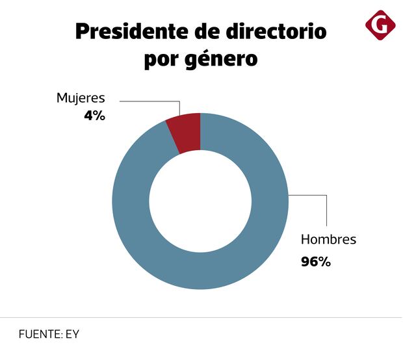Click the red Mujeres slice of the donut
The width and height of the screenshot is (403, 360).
pos(185,133)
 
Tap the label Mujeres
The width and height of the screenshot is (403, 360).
pos(80,99)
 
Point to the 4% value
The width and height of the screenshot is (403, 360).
pos(94,117)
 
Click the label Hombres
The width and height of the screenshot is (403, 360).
pos(328,239)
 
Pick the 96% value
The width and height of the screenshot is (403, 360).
pos(316,262)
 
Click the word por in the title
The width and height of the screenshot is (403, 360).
pos(159,60)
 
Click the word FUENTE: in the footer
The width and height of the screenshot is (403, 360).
pos(40,335)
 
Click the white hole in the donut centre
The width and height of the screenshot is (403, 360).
pos(200,201)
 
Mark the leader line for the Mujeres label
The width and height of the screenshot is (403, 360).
pos(149,101)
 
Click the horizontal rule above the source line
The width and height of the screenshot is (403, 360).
pos(201,318)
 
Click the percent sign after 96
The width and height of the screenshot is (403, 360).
pos(324,262)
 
